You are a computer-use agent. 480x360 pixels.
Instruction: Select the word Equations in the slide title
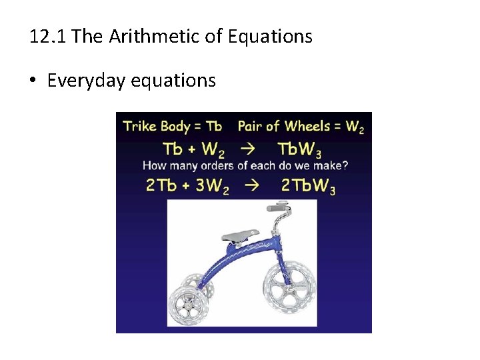271,36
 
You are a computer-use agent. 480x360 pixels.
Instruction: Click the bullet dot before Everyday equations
33,81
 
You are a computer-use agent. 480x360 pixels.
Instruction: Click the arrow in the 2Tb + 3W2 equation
253,186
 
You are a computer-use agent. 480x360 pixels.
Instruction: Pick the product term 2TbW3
309,186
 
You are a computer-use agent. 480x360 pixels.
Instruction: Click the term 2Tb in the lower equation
161,186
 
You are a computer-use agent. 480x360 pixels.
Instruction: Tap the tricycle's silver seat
241,234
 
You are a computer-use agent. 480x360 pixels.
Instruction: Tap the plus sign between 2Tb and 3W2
186,186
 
